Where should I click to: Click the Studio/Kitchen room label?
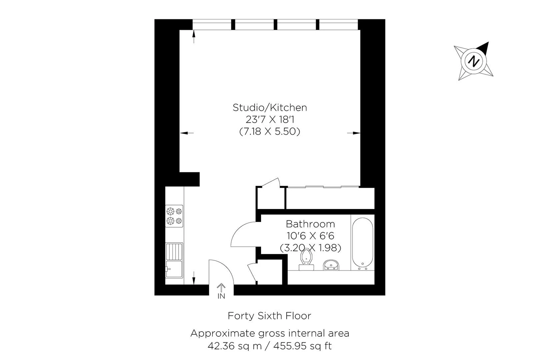[270, 108]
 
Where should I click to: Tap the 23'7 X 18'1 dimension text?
[270, 120]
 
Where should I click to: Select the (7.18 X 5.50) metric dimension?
[270, 131]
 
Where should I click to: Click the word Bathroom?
[310, 224]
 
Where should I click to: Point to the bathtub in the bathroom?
[363, 244]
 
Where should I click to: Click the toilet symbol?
[306, 260]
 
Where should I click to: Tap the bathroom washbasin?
[331, 265]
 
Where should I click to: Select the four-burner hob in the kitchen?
[174, 216]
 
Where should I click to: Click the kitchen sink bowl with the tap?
[174, 269]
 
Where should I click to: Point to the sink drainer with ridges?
[174, 251]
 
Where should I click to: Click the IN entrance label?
[221, 296]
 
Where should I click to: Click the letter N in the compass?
[473, 61]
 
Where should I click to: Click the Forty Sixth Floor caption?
[270, 316]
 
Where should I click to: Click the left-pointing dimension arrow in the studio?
[187, 133]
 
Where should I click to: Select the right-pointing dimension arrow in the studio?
[354, 133]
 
